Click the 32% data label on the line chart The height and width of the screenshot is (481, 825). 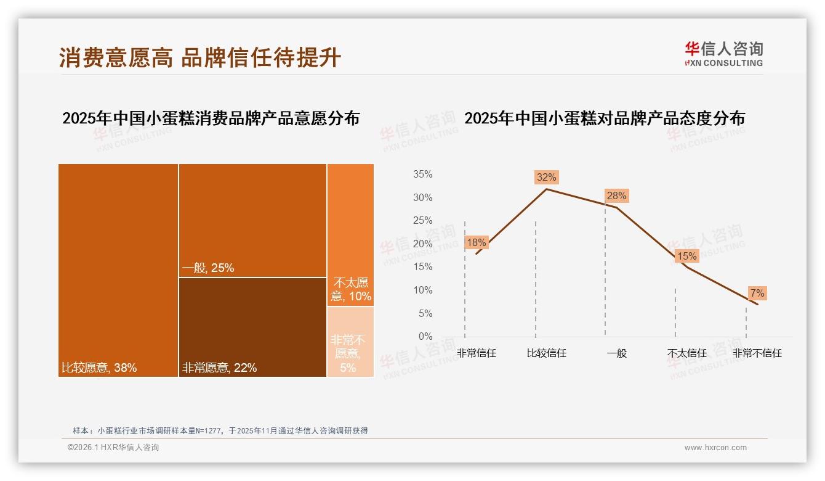tap(546, 177)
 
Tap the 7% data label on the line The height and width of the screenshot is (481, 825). tap(757, 293)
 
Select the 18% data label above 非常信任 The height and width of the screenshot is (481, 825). tap(476, 242)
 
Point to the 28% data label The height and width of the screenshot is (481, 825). tap(616, 196)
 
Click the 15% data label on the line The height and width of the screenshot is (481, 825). tap(686, 256)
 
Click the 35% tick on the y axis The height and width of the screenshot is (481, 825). tap(422, 175)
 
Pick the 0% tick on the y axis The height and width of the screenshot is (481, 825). tap(425, 337)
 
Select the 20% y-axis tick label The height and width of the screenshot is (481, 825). tap(422, 244)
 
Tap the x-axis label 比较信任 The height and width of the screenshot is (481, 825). tap(546, 353)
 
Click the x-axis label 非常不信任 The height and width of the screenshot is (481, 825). tap(757, 353)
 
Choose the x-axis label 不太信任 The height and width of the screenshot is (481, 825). tap(686, 353)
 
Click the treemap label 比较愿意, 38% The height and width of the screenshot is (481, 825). tap(99, 368)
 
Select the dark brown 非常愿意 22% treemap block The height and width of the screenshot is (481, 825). tap(252, 327)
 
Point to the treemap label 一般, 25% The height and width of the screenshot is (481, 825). tap(208, 268)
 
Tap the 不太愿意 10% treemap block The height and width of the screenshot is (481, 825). tap(350, 234)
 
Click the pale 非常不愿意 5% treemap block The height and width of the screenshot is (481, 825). tap(350, 342)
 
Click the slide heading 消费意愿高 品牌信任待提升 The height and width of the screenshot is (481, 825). tap(200, 57)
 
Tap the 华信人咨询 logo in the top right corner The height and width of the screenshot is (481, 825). tap(723, 54)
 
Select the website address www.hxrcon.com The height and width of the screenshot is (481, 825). tap(715, 448)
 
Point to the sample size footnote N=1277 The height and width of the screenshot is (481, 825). tap(220, 430)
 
